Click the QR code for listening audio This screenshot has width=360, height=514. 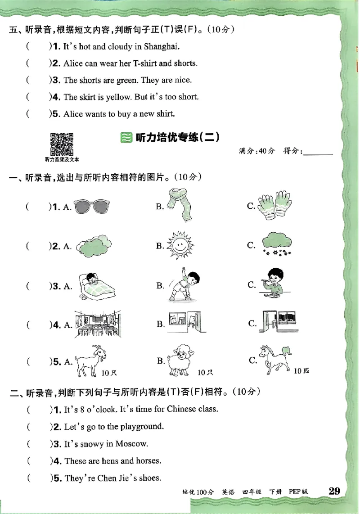pos(62,143)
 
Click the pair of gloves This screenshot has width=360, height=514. pos(274,205)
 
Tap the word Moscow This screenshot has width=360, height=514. pos(131,444)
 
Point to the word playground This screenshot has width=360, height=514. pos(139,426)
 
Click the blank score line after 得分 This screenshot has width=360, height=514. pos(318,152)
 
